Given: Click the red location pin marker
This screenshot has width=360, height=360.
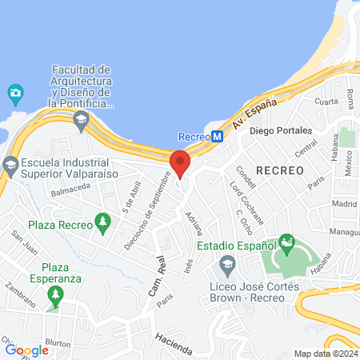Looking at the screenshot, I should pyautogui.click(x=181, y=162).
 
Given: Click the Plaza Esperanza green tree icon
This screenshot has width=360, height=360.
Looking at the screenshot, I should pyautogui.click(x=54, y=297).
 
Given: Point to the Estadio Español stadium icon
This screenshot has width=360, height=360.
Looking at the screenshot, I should pyautogui.click(x=287, y=242).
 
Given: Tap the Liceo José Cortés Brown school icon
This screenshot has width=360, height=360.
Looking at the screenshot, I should pyautogui.click(x=228, y=263).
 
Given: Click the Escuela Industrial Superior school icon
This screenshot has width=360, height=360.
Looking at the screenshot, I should pyautogui.click(x=10, y=166).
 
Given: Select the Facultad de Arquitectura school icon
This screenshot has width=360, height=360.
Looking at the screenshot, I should pyautogui.click(x=80, y=121).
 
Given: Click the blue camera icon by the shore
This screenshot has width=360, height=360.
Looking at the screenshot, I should pyautogui.click(x=14, y=94).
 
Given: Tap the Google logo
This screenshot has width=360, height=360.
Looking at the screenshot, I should pyautogui.click(x=26, y=350).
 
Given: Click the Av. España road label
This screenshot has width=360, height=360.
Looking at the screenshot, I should pyautogui.click(x=254, y=114).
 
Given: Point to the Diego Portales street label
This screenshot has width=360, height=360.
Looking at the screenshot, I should pyautogui.click(x=280, y=130).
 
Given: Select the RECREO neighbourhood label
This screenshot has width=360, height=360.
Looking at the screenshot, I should pyautogui.click(x=280, y=170).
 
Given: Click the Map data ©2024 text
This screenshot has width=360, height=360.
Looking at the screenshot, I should pyautogui.click(x=326, y=354).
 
